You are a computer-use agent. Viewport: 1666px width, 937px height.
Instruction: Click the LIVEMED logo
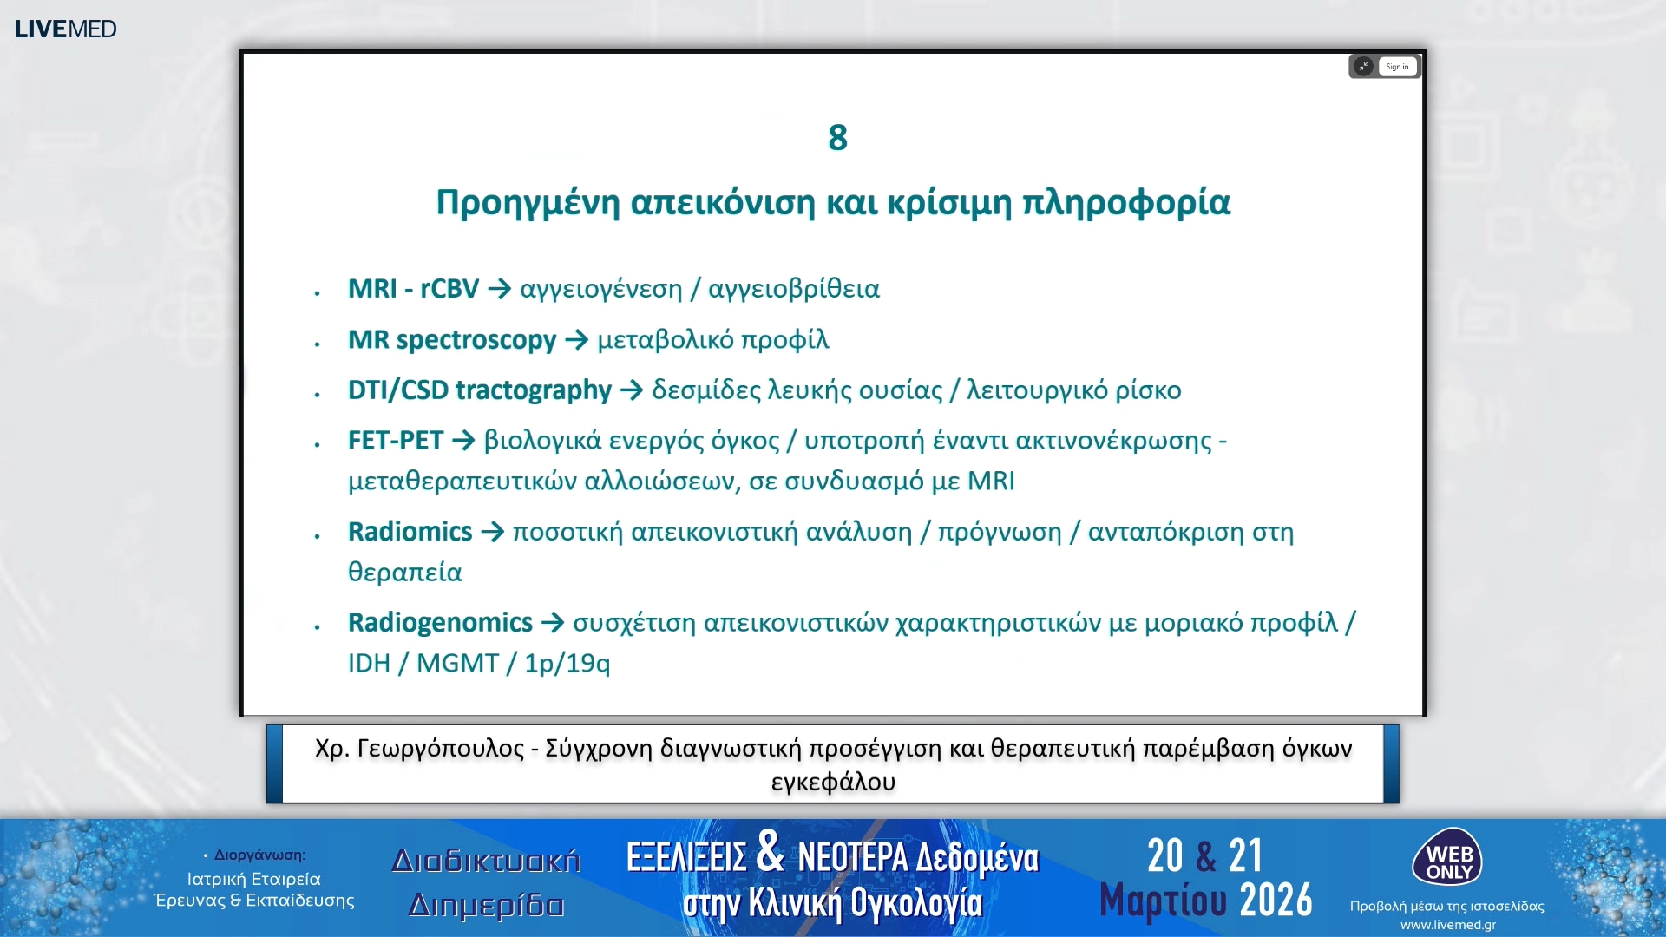click(x=65, y=29)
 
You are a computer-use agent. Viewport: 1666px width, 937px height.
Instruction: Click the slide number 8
click(x=837, y=138)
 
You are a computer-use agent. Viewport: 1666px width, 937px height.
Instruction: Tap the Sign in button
click(x=1397, y=67)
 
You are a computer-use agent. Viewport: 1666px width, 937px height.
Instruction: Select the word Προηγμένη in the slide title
click(x=527, y=203)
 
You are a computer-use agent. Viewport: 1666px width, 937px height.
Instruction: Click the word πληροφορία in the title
click(x=1125, y=203)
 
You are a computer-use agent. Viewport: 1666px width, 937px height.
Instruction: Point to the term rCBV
click(x=449, y=289)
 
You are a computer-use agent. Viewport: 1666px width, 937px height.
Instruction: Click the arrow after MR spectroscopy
click(x=576, y=340)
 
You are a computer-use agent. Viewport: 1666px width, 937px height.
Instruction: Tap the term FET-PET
click(x=396, y=441)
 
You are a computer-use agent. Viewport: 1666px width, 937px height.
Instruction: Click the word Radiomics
click(x=410, y=532)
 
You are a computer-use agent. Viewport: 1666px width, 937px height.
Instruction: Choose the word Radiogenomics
click(x=440, y=623)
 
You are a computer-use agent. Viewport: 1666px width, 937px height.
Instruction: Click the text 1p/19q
click(x=567, y=664)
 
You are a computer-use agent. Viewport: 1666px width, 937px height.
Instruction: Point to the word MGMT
click(x=457, y=664)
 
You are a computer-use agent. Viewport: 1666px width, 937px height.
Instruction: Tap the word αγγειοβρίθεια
click(x=794, y=289)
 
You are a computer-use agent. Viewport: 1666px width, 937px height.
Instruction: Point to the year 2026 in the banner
click(x=1276, y=901)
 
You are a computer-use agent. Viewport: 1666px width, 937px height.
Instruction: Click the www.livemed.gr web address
click(x=1447, y=925)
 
